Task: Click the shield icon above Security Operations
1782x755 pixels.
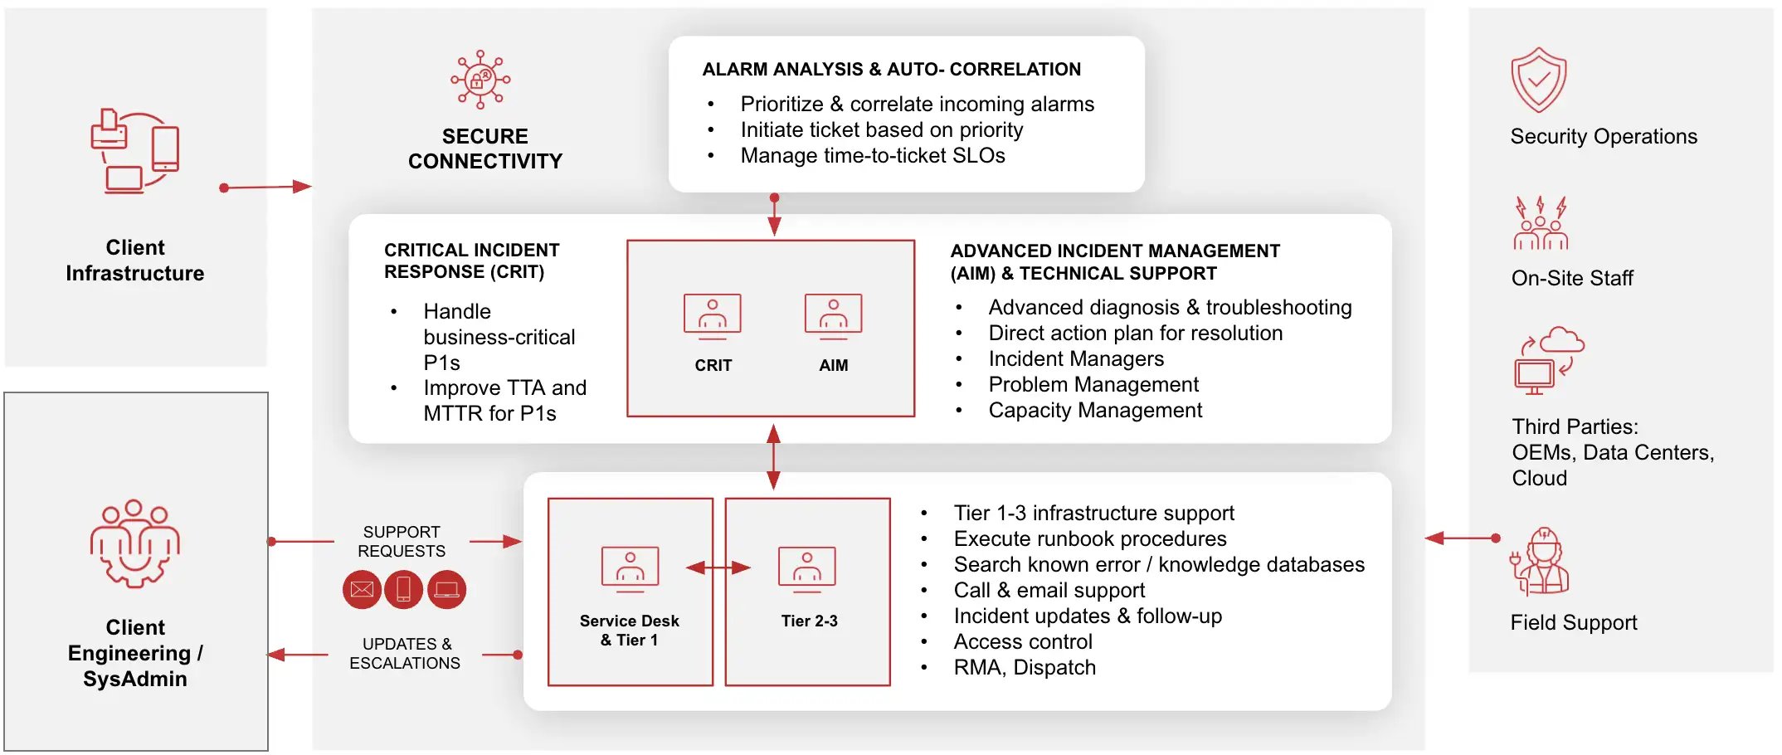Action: coord(1538,80)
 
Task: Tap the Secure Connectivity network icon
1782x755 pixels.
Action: coord(480,80)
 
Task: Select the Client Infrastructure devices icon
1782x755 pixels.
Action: coord(134,151)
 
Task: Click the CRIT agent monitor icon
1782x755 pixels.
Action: coord(713,317)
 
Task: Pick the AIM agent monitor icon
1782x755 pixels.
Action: coord(833,317)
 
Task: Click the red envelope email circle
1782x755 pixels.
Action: coord(362,590)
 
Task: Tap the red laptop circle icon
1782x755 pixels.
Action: coord(447,590)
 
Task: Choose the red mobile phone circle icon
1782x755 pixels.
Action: coord(404,590)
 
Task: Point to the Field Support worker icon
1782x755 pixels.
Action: coord(1540,562)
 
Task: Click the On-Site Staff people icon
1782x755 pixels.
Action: coord(1541,223)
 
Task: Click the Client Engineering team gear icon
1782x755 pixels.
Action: coord(135,543)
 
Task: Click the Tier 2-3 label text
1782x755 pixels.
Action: coord(809,621)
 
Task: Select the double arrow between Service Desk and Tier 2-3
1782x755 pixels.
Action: coord(718,568)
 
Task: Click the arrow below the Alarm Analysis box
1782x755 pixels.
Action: coord(774,215)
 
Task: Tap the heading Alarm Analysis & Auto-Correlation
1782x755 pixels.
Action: coord(892,70)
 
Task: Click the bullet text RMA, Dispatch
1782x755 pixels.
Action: coord(1025,668)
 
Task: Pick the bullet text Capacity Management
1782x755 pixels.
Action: coord(1095,411)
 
